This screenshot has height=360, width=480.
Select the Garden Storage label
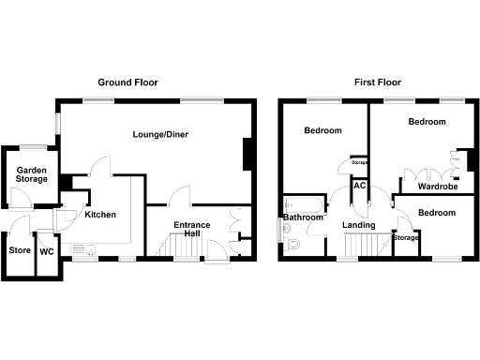(31, 175)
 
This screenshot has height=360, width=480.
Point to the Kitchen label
(100, 215)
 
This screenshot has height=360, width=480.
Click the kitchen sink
(91, 248)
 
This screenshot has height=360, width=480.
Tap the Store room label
(20, 251)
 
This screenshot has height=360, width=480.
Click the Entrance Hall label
(191, 231)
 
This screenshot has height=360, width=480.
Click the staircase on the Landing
(365, 245)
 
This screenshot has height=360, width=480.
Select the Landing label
(359, 225)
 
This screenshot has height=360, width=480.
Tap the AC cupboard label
(359, 185)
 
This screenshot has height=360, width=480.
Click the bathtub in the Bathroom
(304, 203)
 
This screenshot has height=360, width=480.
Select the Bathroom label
(304, 217)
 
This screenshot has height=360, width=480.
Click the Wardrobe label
(437, 187)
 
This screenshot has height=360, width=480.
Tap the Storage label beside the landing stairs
(406, 238)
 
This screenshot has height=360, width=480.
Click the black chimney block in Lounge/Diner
(247, 155)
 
